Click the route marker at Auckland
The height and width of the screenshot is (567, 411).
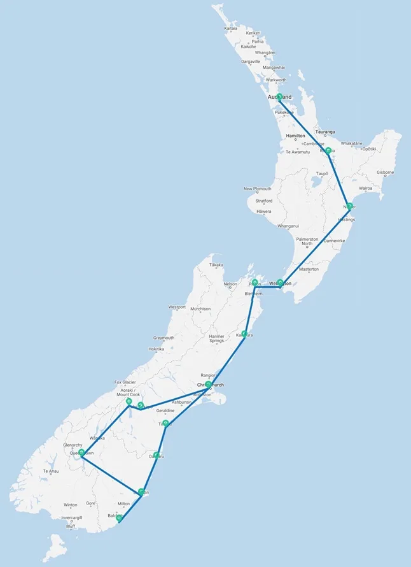click(x=279, y=97)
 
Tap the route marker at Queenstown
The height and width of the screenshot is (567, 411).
click(x=81, y=452)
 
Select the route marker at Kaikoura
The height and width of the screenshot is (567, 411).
click(x=245, y=333)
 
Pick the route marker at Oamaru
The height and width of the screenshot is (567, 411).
click(x=157, y=455)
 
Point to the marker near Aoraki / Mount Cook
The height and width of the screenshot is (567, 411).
click(x=129, y=401)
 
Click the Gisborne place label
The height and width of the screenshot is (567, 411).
click(x=385, y=172)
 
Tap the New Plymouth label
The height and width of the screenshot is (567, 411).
click(x=257, y=189)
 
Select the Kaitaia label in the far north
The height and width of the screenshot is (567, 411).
click(x=230, y=28)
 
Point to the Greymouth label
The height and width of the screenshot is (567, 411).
click(x=164, y=338)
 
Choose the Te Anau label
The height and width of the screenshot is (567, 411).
click(x=51, y=471)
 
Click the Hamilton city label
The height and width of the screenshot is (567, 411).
click(x=295, y=136)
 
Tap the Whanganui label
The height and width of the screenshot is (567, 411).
click(x=288, y=226)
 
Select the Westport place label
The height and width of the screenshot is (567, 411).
click(x=177, y=307)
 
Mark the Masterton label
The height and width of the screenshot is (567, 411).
click(x=309, y=269)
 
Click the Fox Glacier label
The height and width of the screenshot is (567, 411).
click(x=125, y=382)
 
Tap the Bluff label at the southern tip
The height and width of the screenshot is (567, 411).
click(x=71, y=526)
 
